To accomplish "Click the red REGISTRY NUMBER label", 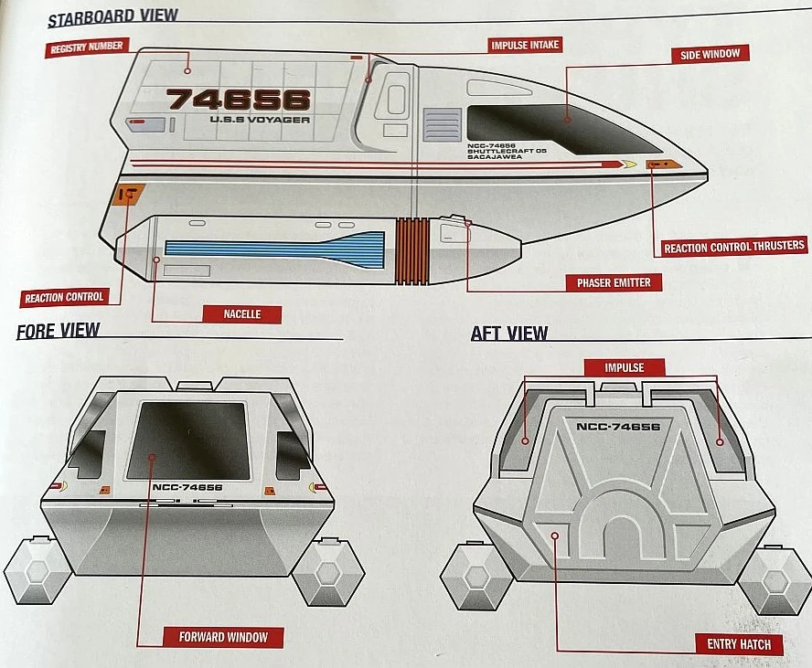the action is (87, 47).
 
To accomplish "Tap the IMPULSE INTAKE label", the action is (525, 44).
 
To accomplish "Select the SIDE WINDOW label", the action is (710, 54).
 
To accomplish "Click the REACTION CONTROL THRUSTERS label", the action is (734, 247).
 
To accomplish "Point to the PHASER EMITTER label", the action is (614, 282).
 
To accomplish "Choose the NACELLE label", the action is (242, 313).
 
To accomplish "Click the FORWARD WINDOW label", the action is (223, 636).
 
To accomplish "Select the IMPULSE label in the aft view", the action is (625, 367).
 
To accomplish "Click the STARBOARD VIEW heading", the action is (112, 17).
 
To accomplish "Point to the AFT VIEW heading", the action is (509, 333).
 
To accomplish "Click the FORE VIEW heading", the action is (58, 331).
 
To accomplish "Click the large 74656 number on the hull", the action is (239, 99).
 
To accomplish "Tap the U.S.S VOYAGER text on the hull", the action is (260, 120).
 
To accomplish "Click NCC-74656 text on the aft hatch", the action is (618, 426).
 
